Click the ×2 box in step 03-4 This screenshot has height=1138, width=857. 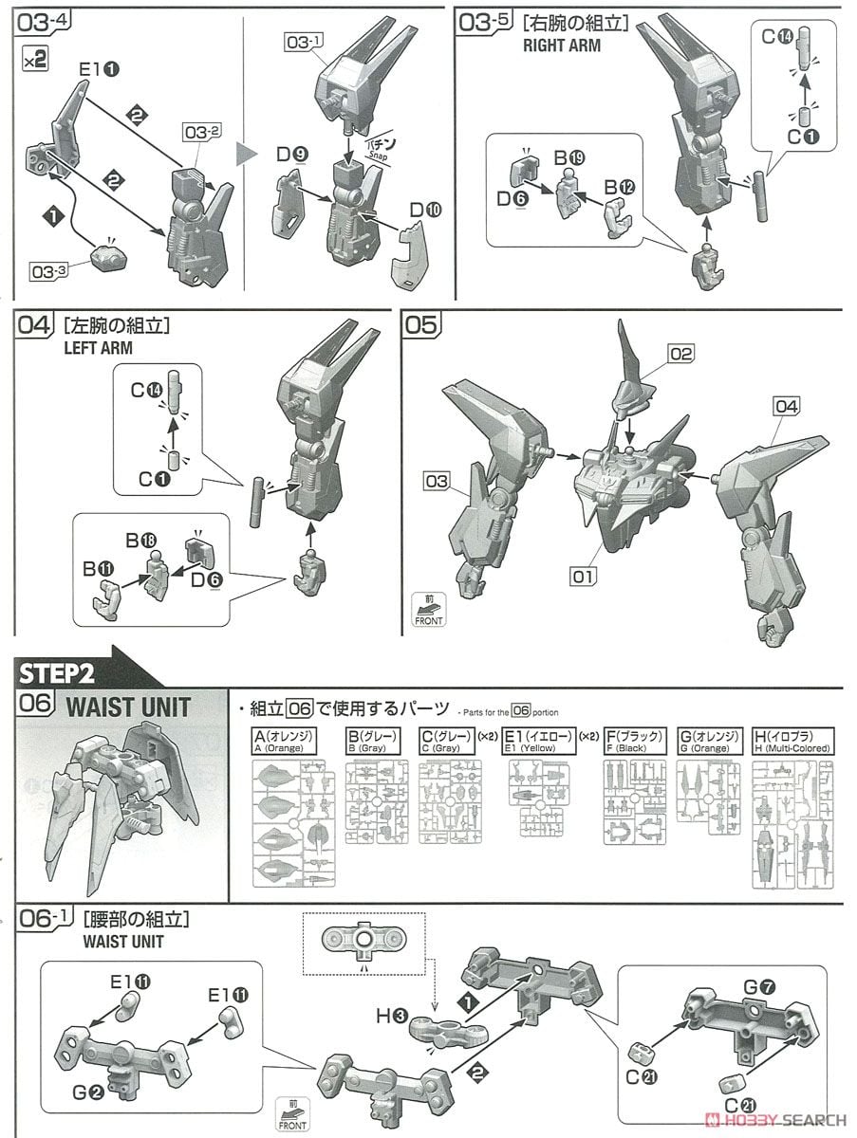click(x=35, y=59)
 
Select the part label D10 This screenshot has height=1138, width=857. click(x=423, y=208)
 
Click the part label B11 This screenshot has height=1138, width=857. click(x=97, y=569)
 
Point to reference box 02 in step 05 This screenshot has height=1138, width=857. click(x=680, y=354)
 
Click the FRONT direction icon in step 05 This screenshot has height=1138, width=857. click(x=428, y=608)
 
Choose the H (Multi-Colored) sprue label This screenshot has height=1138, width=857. click(x=792, y=741)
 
